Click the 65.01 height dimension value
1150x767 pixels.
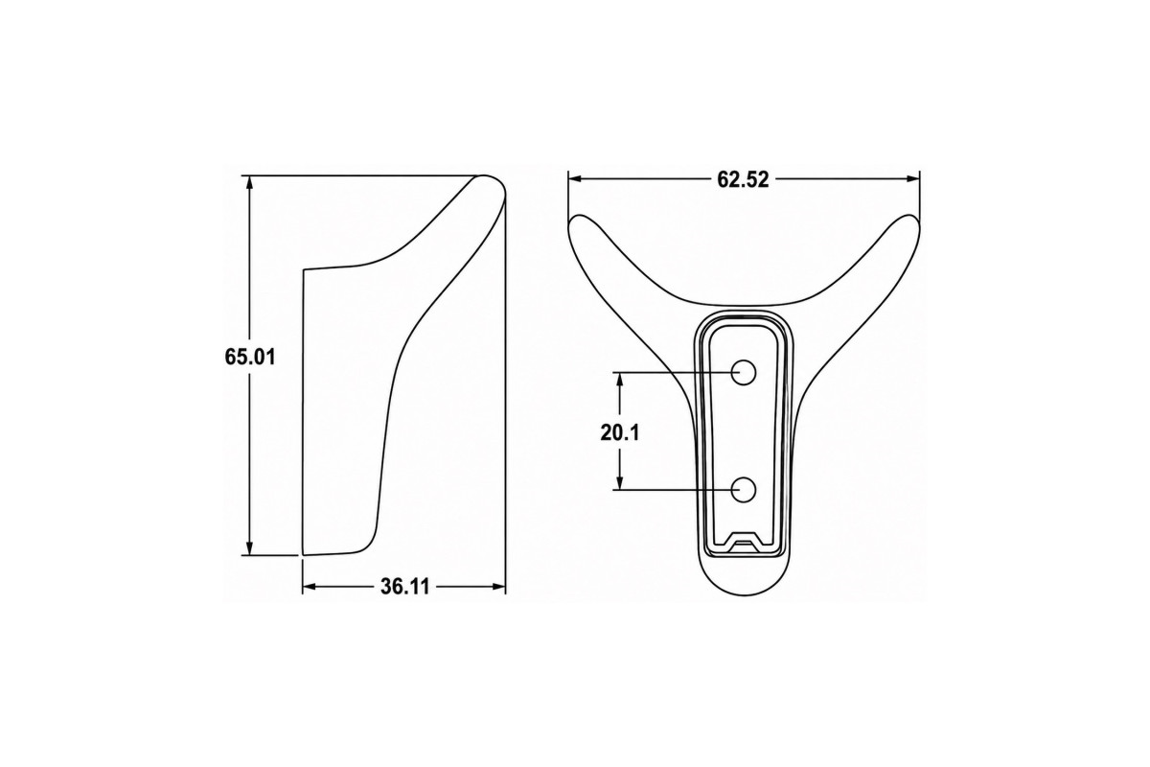[250, 357]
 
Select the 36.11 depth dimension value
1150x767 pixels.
[404, 587]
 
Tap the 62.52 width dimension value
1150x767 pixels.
[743, 179]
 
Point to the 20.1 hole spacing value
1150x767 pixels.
[620, 433]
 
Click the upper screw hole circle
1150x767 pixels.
[743, 372]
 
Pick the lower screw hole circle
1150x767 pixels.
[743, 489]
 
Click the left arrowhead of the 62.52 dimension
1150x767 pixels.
[574, 178]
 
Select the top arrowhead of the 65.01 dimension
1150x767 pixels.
[249, 183]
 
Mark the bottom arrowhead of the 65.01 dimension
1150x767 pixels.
[249, 548]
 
